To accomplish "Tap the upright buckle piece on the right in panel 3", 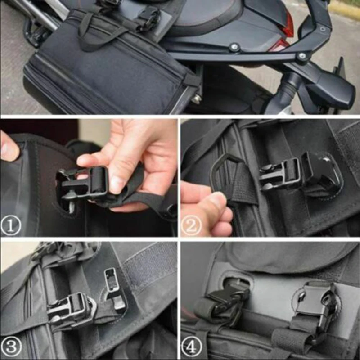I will [x=112, y=288].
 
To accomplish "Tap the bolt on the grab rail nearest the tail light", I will [x=302, y=56].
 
